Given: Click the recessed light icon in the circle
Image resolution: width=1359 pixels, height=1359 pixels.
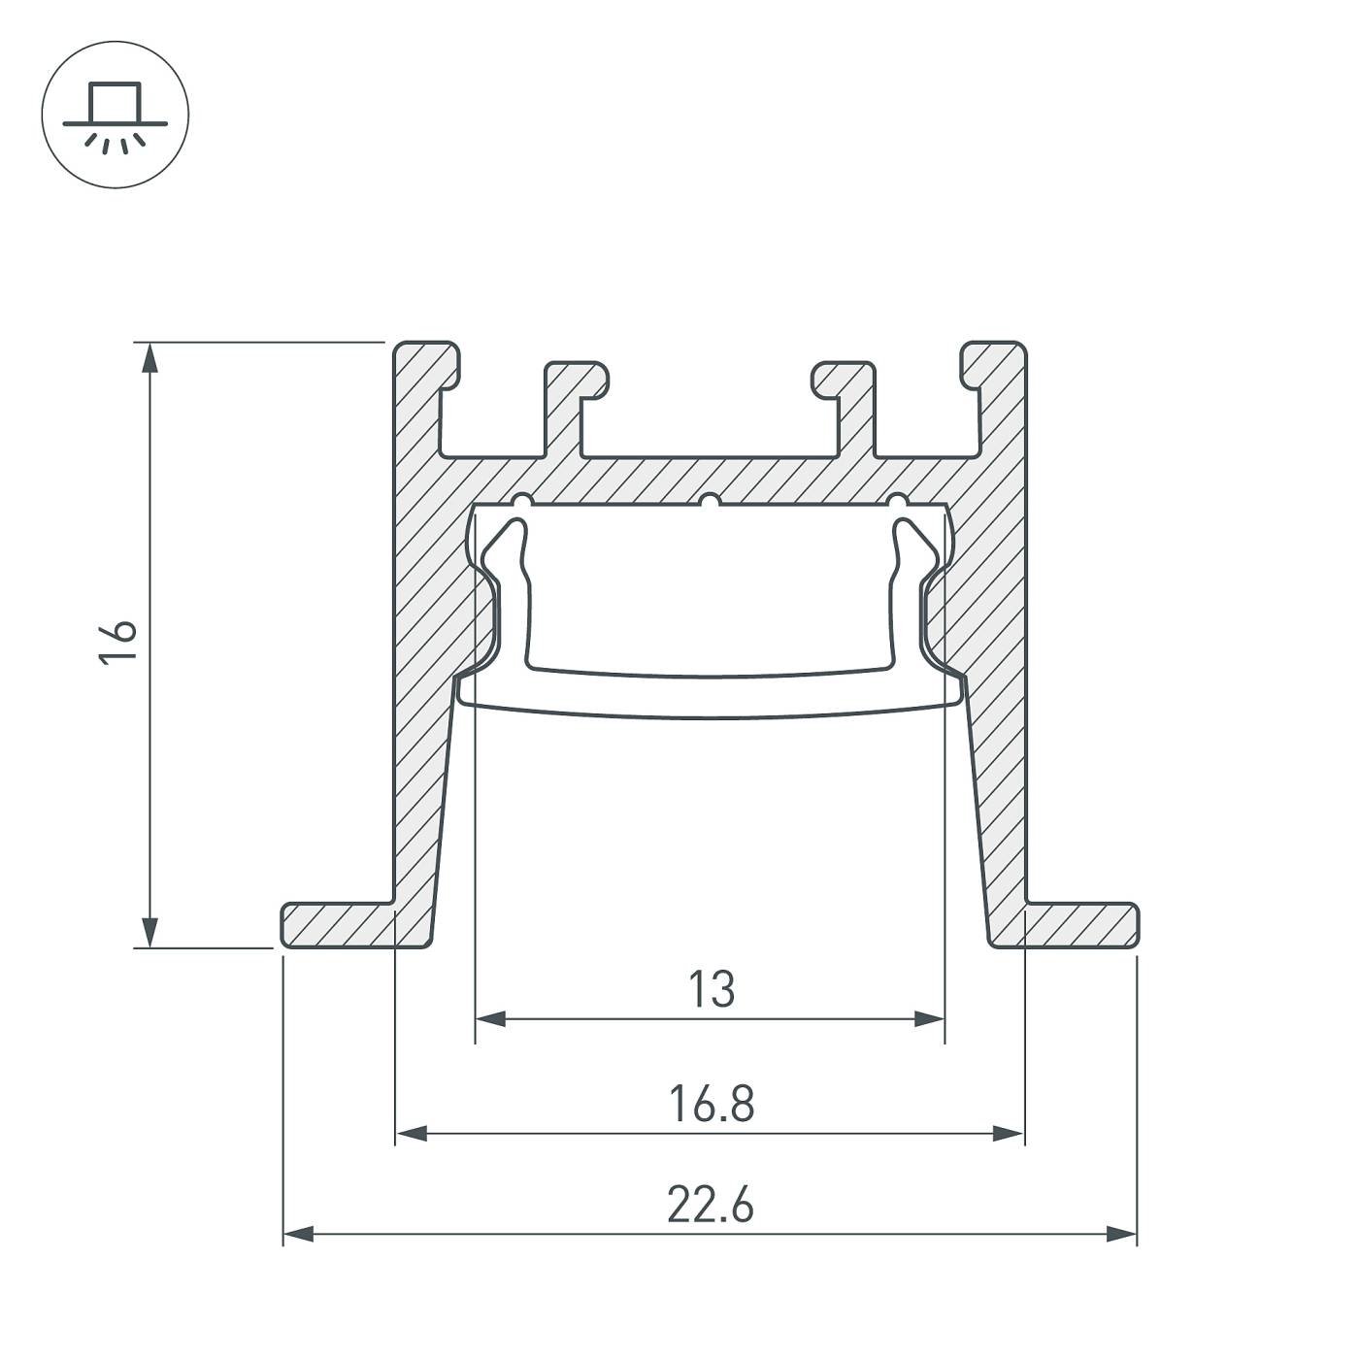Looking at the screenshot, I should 116,115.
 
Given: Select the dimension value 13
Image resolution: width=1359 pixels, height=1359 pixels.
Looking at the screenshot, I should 712,990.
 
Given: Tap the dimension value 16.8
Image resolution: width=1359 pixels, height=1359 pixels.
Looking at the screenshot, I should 712,1105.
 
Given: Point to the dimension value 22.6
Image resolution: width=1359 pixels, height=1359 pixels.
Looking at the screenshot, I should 711,1207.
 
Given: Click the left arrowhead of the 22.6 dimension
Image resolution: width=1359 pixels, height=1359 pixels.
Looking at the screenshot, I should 298,1235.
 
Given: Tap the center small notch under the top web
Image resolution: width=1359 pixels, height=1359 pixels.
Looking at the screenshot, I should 711,501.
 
